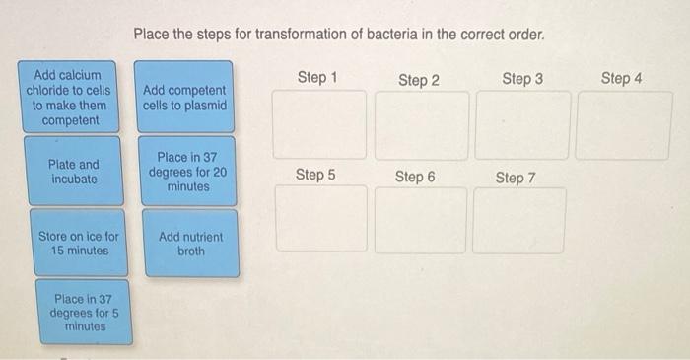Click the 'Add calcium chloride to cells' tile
pyautogui.click(x=73, y=97)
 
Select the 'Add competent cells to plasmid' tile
pyautogui.click(x=185, y=97)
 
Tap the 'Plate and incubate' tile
pyautogui.click(x=74, y=172)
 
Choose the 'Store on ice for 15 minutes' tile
pyautogui.click(x=79, y=243)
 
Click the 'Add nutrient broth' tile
pyautogui.click(x=190, y=244)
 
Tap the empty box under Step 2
pyautogui.click(x=421, y=124)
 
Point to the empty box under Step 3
pyautogui.click(x=521, y=124)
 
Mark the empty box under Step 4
pyautogui.click(x=623, y=124)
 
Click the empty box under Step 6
pyautogui.click(x=420, y=219)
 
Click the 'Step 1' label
pyautogui.click(x=317, y=77)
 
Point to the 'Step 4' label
pyautogui.click(x=621, y=78)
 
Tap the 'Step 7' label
pyautogui.click(x=516, y=178)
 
